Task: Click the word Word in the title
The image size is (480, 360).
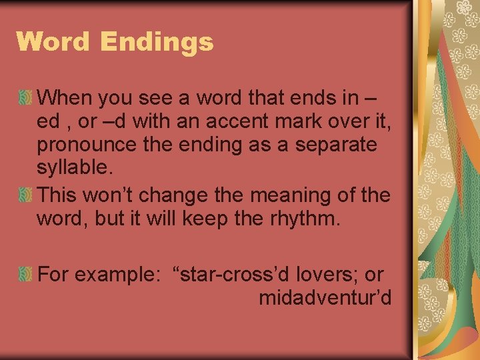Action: (53, 41)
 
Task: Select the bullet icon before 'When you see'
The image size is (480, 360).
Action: (25, 99)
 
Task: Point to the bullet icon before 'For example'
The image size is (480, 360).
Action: (25, 274)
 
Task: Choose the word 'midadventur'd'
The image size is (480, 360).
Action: (325, 298)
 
